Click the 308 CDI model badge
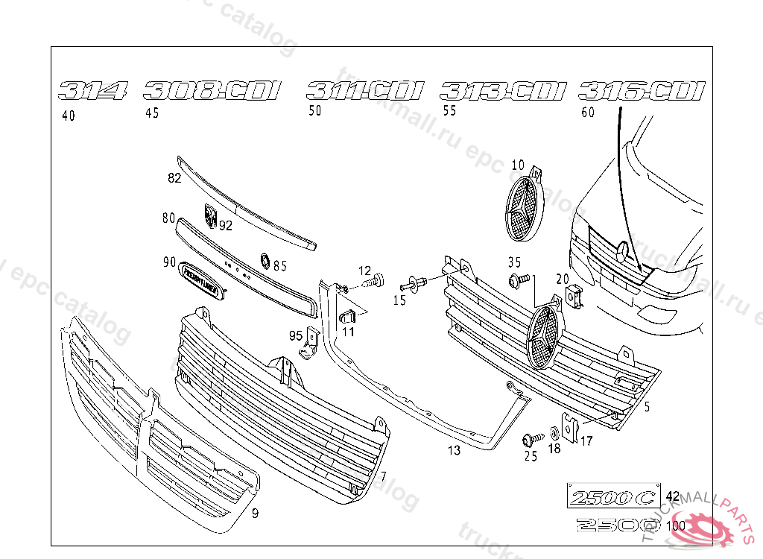pyautogui.click(x=212, y=92)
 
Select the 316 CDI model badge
pyautogui.click(x=642, y=91)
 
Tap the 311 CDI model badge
pyautogui.click(x=365, y=92)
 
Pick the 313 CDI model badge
pyautogui.click(x=503, y=92)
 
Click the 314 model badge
pyautogui.click(x=93, y=92)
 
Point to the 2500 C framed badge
pyautogui.click(x=613, y=496)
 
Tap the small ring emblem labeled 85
pyautogui.click(x=264, y=260)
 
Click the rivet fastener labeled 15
pyautogui.click(x=413, y=284)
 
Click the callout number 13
pyautogui.click(x=455, y=450)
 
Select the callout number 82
pyautogui.click(x=174, y=177)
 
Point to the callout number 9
pyautogui.click(x=254, y=513)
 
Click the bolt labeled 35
pyautogui.click(x=516, y=280)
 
